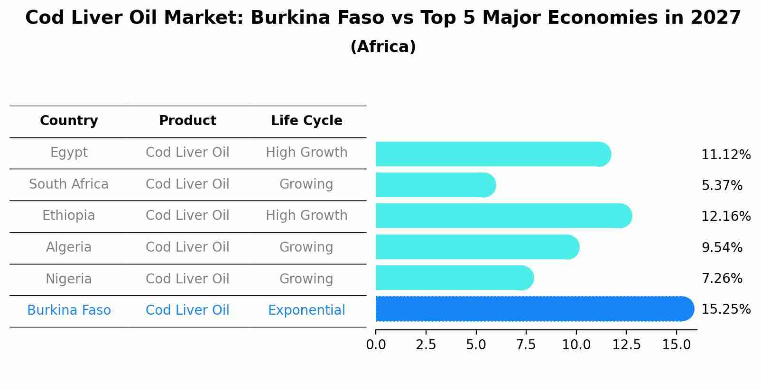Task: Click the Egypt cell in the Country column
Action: [69, 153]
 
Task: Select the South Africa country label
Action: [69, 184]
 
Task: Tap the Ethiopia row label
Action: [69, 216]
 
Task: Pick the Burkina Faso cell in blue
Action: [69, 310]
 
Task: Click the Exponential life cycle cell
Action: [306, 310]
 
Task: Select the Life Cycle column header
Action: [306, 121]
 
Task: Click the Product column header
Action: [187, 121]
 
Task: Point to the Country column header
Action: [69, 121]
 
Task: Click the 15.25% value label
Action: [725, 309]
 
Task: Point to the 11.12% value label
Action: [725, 155]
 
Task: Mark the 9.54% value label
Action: [722, 248]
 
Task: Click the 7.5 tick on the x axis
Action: [526, 345]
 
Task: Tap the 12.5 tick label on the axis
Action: [626, 345]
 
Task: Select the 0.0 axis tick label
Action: [376, 345]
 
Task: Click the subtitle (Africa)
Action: [383, 47]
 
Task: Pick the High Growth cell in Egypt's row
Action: [306, 153]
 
